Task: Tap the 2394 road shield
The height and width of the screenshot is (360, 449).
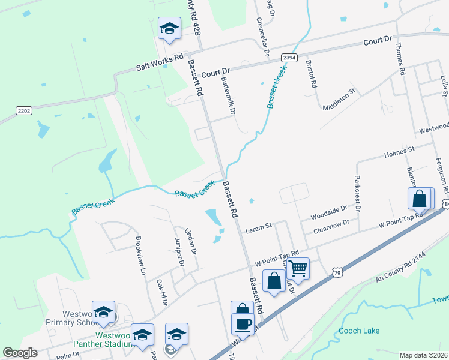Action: [x=289, y=58]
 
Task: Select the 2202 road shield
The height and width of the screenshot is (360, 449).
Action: [x=24, y=110]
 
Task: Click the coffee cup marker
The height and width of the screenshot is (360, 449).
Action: [x=242, y=325]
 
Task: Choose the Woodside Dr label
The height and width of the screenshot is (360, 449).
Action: [x=328, y=213]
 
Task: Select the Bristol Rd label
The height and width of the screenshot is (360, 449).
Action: [x=311, y=74]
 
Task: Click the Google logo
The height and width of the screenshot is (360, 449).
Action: [x=20, y=353]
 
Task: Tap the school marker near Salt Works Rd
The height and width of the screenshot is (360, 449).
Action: [x=169, y=28]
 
